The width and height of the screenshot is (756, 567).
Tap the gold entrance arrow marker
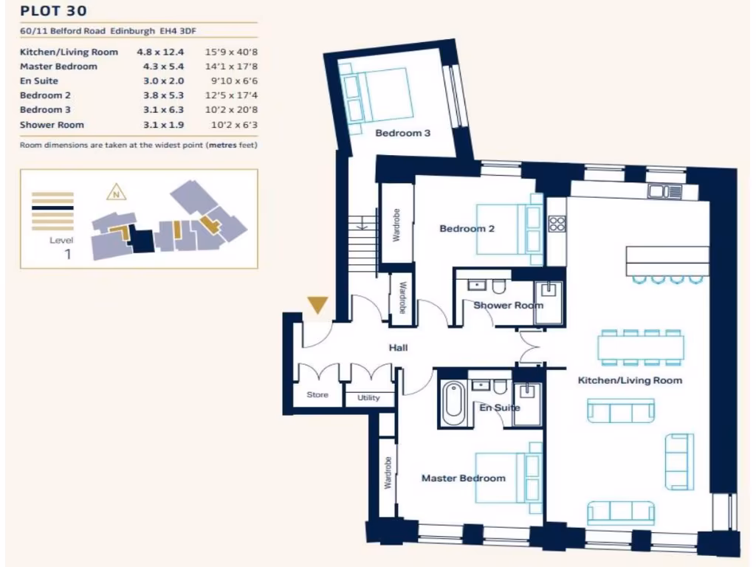click(318, 305)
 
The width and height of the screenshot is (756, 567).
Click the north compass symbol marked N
click(115, 194)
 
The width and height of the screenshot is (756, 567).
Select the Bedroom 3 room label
click(402, 134)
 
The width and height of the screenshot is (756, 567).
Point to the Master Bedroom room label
click(463, 478)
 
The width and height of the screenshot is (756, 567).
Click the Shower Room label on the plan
click(508, 306)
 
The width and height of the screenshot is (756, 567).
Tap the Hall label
click(398, 348)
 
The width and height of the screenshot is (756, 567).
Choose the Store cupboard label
click(317, 395)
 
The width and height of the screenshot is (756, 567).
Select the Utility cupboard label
click(368, 398)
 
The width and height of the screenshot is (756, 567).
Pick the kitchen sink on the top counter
click(664, 192)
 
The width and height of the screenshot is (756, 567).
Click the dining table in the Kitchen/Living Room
click(640, 347)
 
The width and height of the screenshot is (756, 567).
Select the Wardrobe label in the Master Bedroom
click(388, 472)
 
